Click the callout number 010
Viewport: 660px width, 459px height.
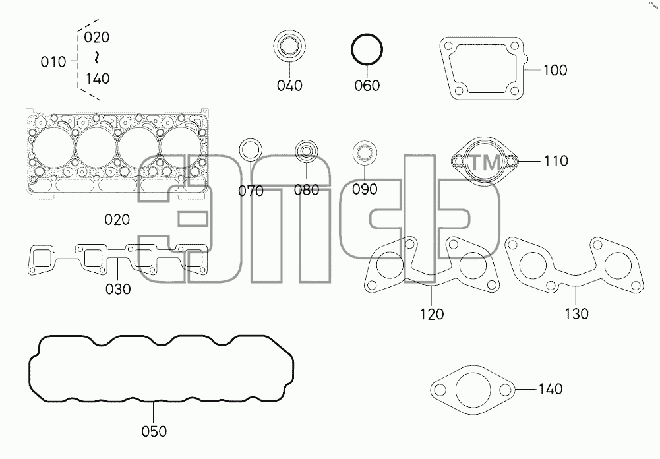tap(53, 63)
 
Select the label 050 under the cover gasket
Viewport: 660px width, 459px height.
tap(154, 431)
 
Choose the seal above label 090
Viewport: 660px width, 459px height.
tap(364, 153)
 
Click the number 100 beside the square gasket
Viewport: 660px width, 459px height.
tap(555, 70)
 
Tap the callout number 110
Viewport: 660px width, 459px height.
tap(556, 161)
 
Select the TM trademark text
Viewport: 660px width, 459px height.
tap(485, 162)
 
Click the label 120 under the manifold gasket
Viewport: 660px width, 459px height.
tap(432, 314)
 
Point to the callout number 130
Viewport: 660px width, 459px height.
tap(576, 314)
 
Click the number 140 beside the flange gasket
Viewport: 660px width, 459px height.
tap(551, 389)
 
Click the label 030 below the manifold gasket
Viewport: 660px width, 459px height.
tap(118, 290)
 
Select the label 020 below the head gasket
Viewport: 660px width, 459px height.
tap(117, 220)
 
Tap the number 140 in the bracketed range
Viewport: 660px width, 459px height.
tap(98, 78)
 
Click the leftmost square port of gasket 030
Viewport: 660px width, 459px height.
tap(42, 259)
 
